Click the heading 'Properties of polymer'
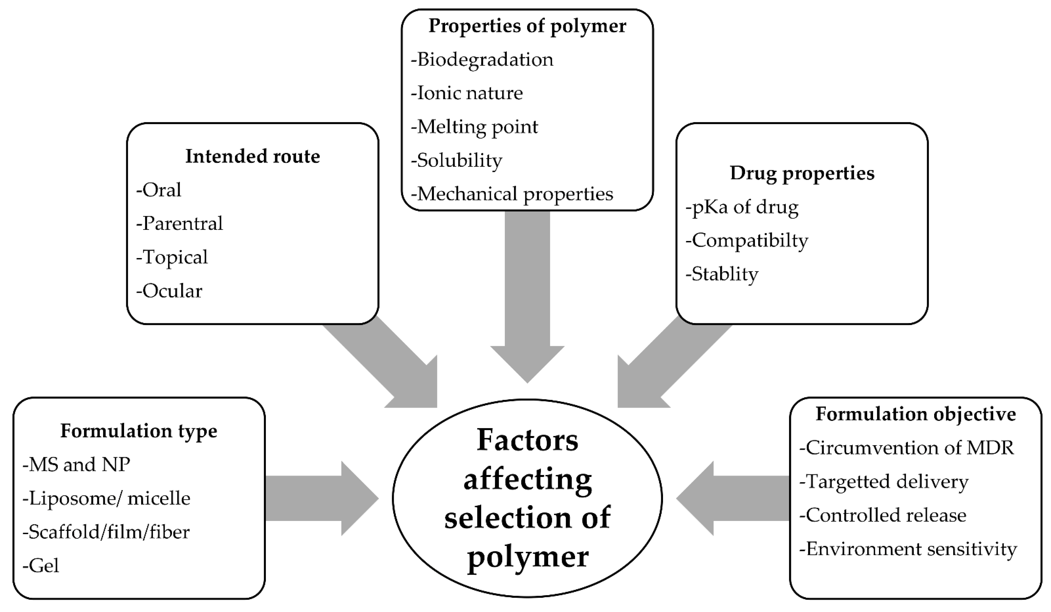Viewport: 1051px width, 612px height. click(527, 26)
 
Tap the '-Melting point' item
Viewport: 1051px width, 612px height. click(475, 127)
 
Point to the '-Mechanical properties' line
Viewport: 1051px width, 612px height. click(512, 194)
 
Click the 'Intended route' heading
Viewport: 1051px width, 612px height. click(252, 156)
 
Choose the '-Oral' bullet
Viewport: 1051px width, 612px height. click(159, 190)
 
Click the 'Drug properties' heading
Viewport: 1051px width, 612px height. click(801, 173)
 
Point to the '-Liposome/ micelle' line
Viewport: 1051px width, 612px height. click(106, 498)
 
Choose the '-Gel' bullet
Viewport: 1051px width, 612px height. click(41, 566)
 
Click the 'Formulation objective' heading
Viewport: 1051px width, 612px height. click(915, 414)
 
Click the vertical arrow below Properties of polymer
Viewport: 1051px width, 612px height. click(527, 292)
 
